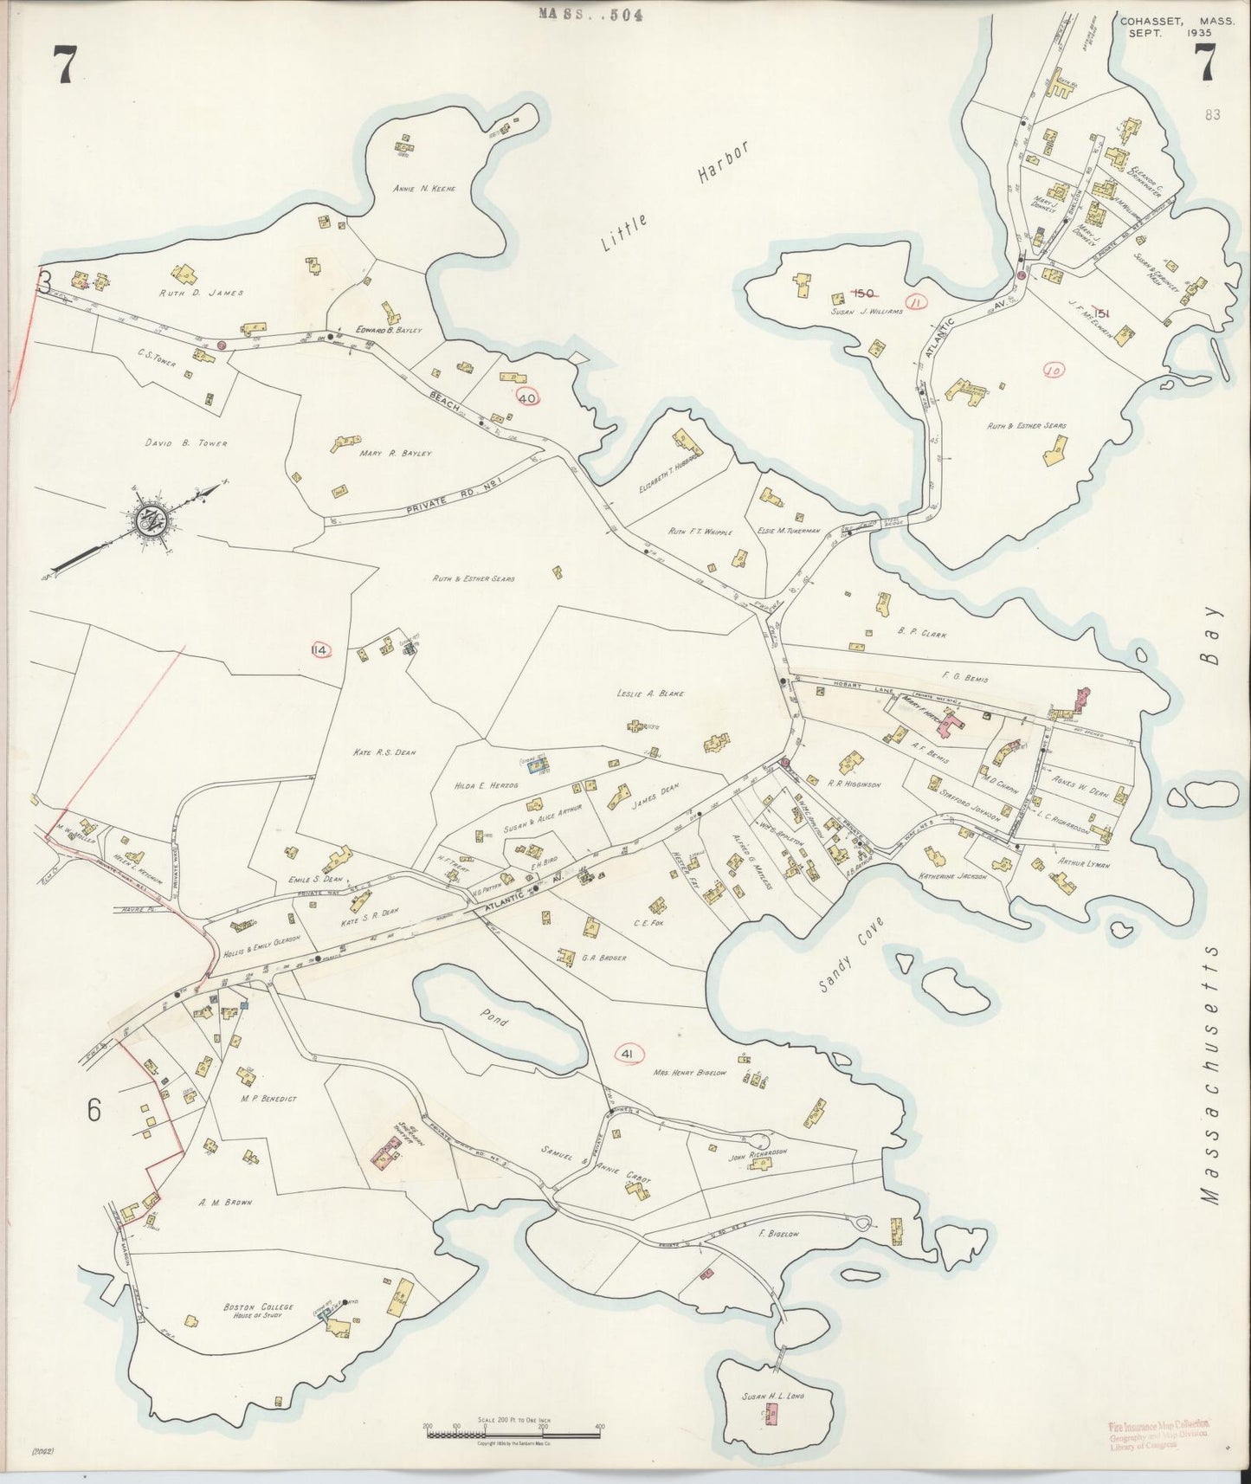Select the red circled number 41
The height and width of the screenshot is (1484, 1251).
629,1052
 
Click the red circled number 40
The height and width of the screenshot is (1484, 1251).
527,397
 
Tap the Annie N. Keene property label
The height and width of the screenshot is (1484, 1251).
424,188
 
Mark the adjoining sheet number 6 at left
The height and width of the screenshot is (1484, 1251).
94,1109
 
